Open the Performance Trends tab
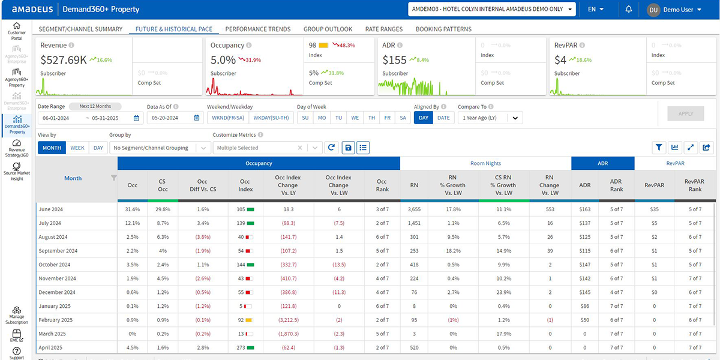click(257, 29)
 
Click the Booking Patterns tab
click(443, 29)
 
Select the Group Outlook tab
click(328, 29)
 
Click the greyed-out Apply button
click(685, 113)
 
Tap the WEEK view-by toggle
click(77, 148)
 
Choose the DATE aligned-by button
click(443, 118)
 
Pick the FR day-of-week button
click(388, 118)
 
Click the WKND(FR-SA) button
click(228, 118)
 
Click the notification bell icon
click(628, 10)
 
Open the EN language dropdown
click(596, 10)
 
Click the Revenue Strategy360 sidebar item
click(16, 149)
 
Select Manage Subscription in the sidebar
click(16, 315)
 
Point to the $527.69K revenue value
click(63, 59)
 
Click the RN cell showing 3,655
click(414, 209)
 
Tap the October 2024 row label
click(55, 265)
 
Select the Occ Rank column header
click(382, 185)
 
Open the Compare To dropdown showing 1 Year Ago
click(490, 118)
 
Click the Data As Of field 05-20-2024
click(174, 118)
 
